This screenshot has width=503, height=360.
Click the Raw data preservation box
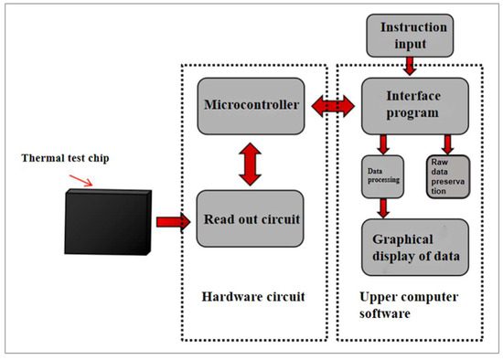[x=446, y=175]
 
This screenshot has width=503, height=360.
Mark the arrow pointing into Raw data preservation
[x=446, y=142]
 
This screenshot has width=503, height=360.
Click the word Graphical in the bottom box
[x=398, y=239]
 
